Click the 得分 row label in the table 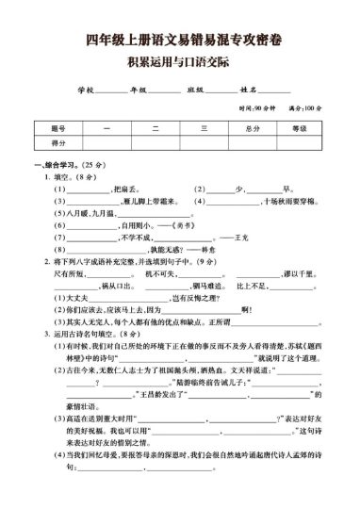[x=57, y=142]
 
